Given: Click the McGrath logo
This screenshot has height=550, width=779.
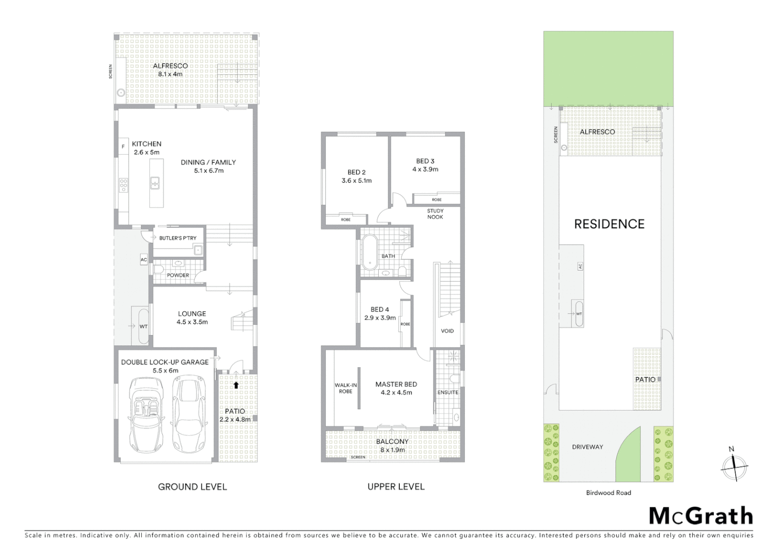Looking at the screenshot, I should pyautogui.click(x=701, y=516).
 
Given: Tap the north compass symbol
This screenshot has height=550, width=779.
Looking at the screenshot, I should pyautogui.click(x=734, y=466).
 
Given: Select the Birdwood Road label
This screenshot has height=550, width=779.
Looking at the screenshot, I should pyautogui.click(x=608, y=492).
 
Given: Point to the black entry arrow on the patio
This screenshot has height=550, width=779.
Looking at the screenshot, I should pyautogui.click(x=236, y=386).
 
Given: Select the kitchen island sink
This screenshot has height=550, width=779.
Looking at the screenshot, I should pyautogui.click(x=155, y=183).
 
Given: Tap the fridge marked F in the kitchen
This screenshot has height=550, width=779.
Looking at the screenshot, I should pyautogui.click(x=123, y=147).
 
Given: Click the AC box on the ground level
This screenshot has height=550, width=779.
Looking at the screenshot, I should pyautogui.click(x=144, y=260).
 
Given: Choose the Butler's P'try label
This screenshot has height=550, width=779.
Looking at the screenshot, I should pyautogui.click(x=177, y=238).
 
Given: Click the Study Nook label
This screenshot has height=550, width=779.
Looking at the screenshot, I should pyautogui.click(x=435, y=214).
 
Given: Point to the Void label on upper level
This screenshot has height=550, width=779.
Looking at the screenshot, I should pyautogui.click(x=447, y=331).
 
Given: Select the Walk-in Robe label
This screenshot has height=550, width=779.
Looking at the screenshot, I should pyautogui.click(x=346, y=388).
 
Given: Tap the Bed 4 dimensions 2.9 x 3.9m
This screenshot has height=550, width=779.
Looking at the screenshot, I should pyautogui.click(x=380, y=318).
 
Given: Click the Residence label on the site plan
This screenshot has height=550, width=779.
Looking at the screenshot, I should pyautogui.click(x=609, y=224).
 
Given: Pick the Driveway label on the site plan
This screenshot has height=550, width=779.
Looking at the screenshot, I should pyautogui.click(x=587, y=447).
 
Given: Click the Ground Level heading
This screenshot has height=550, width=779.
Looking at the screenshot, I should pyautogui.click(x=192, y=487).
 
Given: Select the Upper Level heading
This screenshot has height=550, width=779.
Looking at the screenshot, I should pyautogui.click(x=396, y=487).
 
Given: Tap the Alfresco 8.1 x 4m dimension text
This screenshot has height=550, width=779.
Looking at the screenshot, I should pyautogui.click(x=170, y=74).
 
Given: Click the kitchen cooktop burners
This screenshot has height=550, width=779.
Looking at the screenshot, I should pyautogui.click(x=123, y=184).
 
